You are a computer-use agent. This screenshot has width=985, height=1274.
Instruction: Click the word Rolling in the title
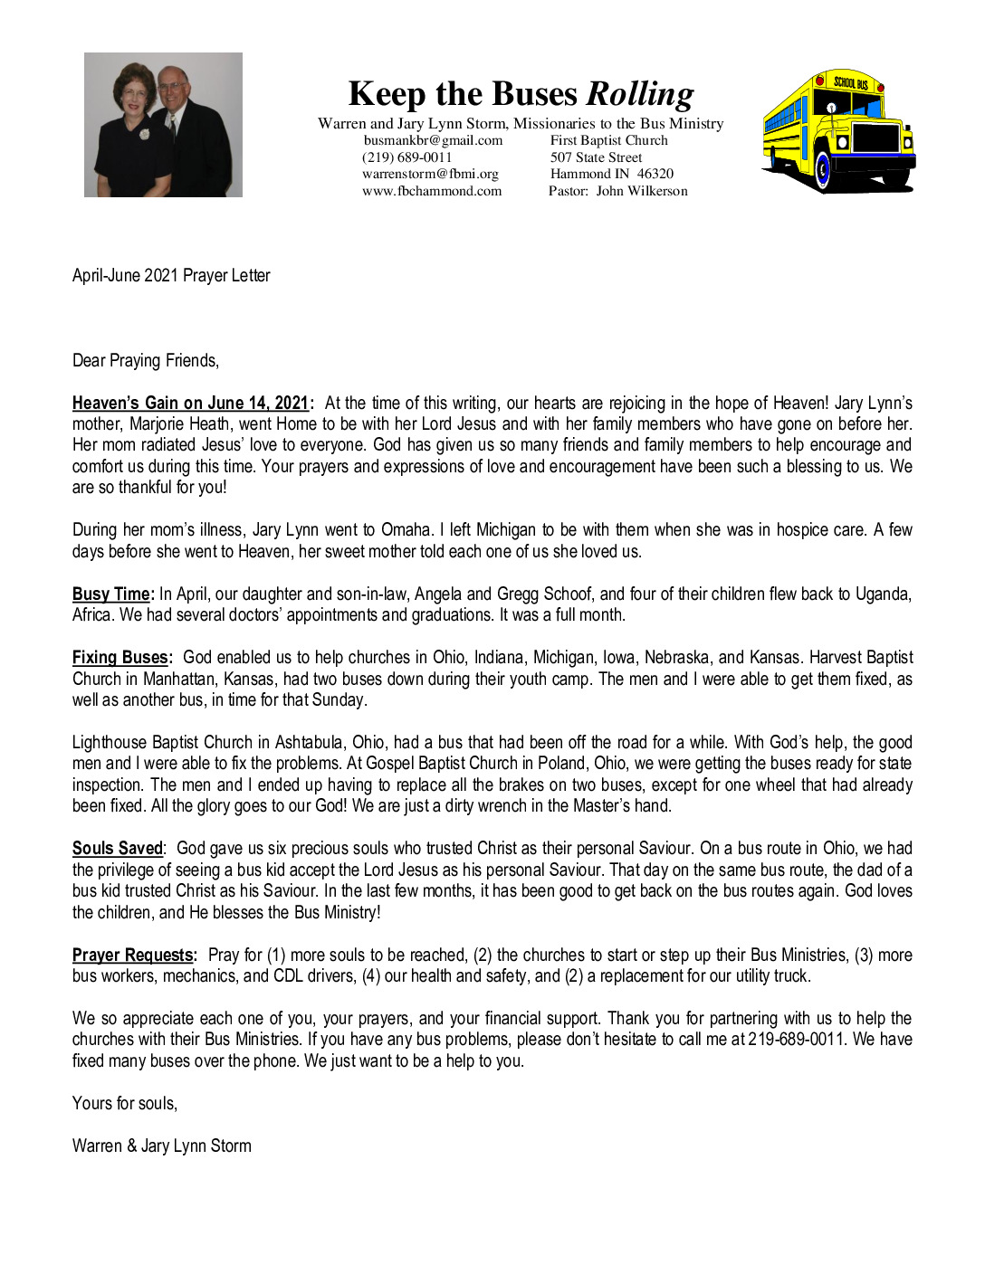(640, 94)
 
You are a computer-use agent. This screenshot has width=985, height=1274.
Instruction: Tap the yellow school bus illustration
(838, 131)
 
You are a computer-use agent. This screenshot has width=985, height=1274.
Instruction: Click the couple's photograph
(163, 125)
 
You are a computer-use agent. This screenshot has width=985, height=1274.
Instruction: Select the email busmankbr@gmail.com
(433, 140)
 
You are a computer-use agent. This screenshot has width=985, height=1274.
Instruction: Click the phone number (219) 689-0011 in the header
(406, 157)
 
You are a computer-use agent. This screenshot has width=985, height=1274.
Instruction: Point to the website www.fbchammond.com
(432, 191)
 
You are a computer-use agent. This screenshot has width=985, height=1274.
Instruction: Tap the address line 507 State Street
(596, 157)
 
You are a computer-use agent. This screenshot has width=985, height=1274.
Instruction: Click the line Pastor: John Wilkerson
(617, 191)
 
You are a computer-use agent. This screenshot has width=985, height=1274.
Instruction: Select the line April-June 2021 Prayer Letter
(171, 275)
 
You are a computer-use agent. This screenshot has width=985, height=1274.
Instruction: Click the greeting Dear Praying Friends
(146, 360)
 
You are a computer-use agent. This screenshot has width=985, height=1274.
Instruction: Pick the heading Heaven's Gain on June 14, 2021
(191, 403)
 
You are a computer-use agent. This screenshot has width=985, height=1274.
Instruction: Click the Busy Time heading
(111, 594)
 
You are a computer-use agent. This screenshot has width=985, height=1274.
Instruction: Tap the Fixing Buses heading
(120, 657)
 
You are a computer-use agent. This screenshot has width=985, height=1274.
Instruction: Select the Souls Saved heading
(118, 848)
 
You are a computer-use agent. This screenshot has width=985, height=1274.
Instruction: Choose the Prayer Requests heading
(133, 955)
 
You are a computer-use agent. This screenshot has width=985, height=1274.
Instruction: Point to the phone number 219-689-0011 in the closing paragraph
(797, 1039)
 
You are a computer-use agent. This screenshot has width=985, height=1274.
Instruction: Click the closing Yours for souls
(125, 1103)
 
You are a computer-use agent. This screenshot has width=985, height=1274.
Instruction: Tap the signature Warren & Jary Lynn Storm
(162, 1146)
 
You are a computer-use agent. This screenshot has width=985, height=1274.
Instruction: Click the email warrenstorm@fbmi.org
(430, 174)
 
